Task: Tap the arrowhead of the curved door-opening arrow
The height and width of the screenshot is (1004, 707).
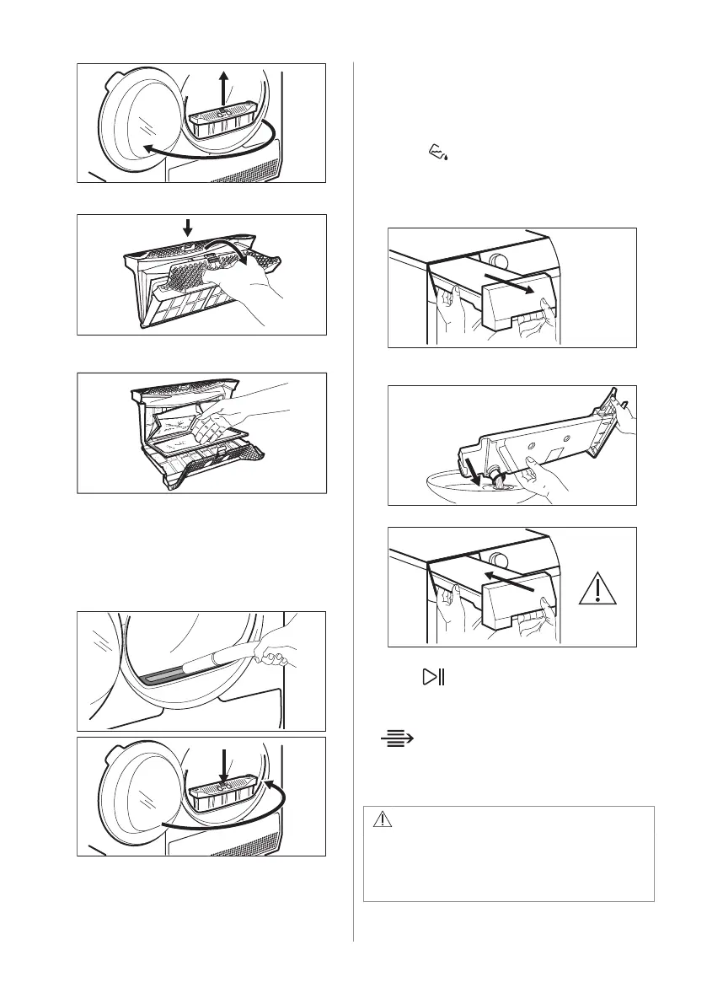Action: tap(147, 148)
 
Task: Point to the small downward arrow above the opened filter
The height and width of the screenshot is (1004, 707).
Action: tap(187, 226)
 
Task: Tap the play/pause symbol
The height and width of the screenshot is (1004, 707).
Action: tap(433, 678)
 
